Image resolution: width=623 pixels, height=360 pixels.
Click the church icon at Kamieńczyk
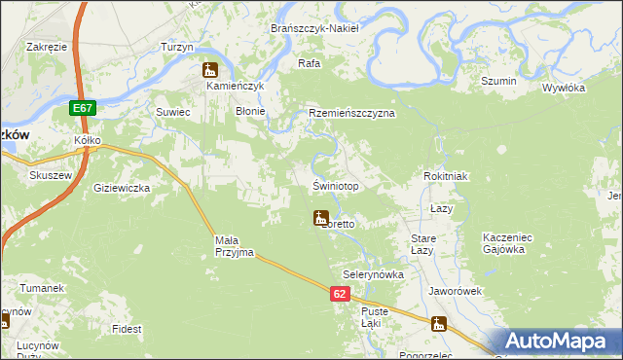pos(209,70)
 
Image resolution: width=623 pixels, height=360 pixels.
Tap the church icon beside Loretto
pos(319,218)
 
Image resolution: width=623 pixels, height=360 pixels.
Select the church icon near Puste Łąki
pos(440,325)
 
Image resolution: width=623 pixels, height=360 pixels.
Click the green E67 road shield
pos(83,109)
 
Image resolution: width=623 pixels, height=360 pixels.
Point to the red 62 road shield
pos(339,294)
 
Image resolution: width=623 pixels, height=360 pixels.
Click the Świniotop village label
pos(336,186)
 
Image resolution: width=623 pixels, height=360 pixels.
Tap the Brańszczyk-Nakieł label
pos(314,28)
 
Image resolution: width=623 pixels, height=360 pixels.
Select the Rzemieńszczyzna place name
pos(351,113)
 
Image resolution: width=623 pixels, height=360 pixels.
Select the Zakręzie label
pos(47,46)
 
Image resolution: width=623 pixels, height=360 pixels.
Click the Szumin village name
pos(497,81)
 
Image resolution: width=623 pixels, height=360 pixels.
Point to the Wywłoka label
pos(563,88)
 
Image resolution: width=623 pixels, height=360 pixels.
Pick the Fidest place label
pos(127,330)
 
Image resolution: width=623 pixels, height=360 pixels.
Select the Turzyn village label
pos(177,47)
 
